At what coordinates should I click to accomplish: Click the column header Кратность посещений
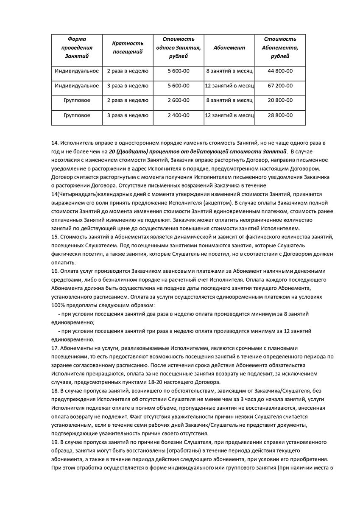coord(128,48)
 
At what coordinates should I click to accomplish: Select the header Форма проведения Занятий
coord(77,48)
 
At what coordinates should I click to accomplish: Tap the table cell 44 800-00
coord(280,71)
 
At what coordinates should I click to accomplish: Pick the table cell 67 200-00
coord(280,86)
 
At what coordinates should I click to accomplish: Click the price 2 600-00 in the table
coord(178,101)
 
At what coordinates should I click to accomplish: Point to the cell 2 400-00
coord(178,115)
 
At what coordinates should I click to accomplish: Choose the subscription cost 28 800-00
coord(280,115)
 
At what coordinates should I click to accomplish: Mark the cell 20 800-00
coord(280,101)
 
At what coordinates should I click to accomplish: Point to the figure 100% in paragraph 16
coord(58,305)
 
